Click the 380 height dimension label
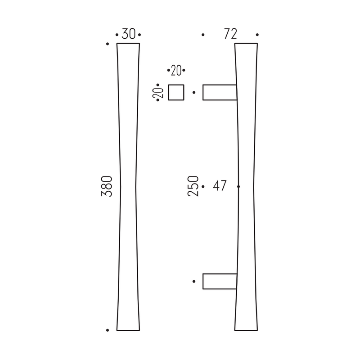[107, 186]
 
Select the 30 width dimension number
[128, 34]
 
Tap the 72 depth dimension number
[230, 34]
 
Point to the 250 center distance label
[193, 186]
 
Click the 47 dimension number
[220, 185]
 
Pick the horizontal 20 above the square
[176, 70]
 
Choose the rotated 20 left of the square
[158, 93]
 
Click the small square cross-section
[176, 92]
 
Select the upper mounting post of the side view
[220, 92]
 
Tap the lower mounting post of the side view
[220, 281]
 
